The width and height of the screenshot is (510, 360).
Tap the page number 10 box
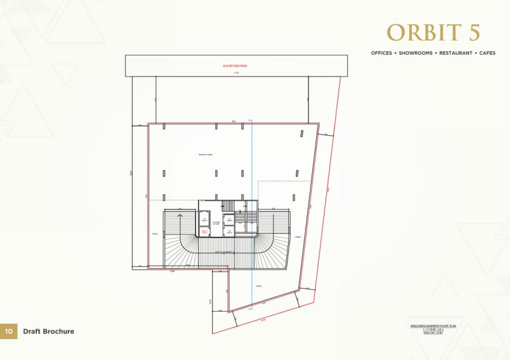(9, 331)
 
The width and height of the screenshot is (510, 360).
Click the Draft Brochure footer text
(48, 331)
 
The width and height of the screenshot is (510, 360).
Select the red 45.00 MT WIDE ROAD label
(236, 66)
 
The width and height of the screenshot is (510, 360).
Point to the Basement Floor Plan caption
(435, 326)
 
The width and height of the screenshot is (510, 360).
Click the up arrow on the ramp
(180, 217)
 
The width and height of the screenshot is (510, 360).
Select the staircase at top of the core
(228, 205)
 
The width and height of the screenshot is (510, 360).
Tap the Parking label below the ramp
(259, 287)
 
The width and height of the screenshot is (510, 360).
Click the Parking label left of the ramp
(155, 234)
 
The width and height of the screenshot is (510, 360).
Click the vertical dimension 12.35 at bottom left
(210, 301)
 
